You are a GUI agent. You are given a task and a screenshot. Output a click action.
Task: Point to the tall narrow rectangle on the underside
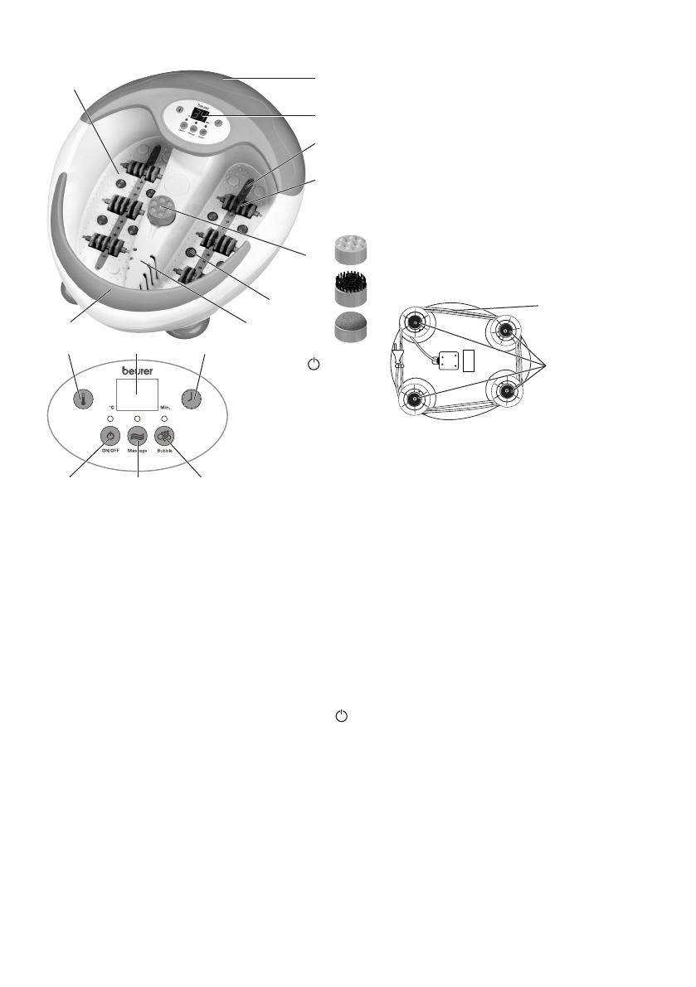468,360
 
